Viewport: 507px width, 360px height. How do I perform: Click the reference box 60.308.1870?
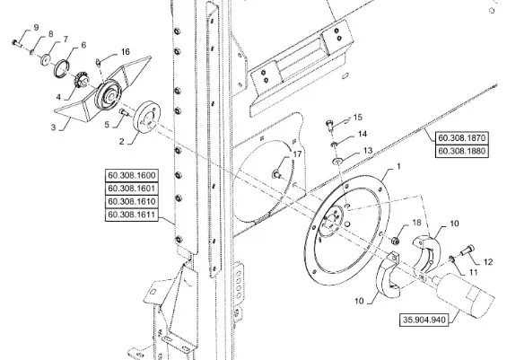point(462,138)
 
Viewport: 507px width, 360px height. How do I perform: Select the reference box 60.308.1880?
point(462,151)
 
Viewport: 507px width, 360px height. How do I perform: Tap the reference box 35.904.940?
point(424,320)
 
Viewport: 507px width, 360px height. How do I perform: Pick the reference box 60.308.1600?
point(132,175)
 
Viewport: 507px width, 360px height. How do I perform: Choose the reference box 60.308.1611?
point(132,215)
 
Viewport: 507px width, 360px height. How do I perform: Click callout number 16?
point(126,52)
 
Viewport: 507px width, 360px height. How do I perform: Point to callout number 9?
point(36,27)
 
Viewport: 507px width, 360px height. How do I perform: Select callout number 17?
point(297,154)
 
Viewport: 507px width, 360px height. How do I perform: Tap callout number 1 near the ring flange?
point(398,166)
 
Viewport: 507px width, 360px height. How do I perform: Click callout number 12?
point(488,261)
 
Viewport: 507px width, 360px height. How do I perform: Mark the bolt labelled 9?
point(16,43)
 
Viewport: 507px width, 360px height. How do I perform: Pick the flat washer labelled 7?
point(46,59)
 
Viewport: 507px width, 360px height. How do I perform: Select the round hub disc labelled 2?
point(147,117)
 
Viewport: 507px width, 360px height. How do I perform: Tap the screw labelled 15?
point(330,125)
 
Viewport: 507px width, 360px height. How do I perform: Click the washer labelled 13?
point(338,161)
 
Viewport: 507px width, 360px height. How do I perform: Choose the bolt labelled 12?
point(464,250)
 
